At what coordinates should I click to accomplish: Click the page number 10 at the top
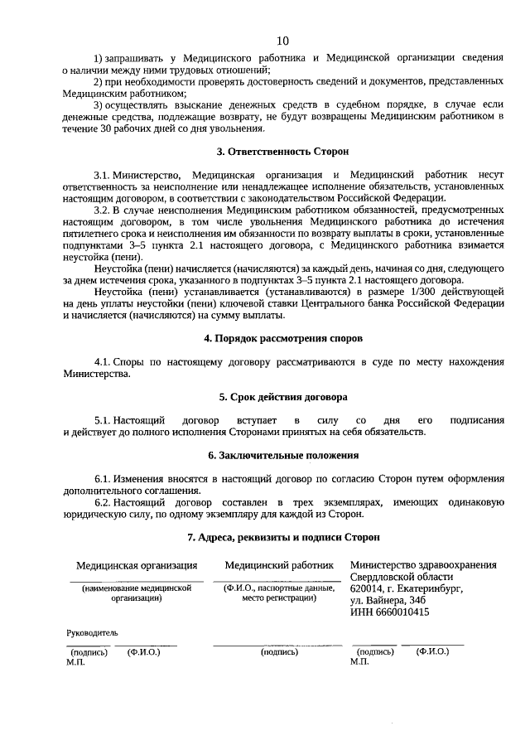[282, 41]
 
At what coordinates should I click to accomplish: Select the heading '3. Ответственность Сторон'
[282, 152]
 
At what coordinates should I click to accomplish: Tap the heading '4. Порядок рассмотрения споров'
[282, 339]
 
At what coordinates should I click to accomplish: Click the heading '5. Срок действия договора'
[282, 397]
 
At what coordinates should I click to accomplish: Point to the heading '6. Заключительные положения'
[282, 455]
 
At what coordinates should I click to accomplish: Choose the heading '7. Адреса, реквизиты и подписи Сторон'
[282, 536]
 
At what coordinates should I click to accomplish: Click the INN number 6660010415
[402, 612]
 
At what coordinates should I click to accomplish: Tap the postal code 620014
[367, 588]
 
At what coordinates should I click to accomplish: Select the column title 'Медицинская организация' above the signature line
[137, 566]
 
